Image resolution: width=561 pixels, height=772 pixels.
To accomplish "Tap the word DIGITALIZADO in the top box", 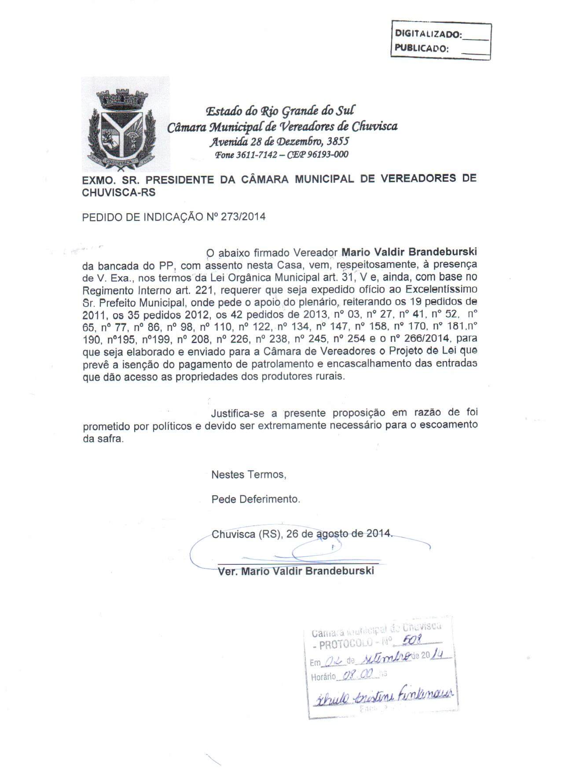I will click(428, 33).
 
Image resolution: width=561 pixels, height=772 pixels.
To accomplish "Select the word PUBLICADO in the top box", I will click(421, 48).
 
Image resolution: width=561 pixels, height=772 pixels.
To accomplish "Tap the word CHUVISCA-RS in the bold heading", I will click(119, 193).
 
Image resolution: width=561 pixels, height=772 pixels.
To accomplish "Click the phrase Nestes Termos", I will click(249, 475).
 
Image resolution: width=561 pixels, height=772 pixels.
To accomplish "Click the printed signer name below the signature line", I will click(296, 571).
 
